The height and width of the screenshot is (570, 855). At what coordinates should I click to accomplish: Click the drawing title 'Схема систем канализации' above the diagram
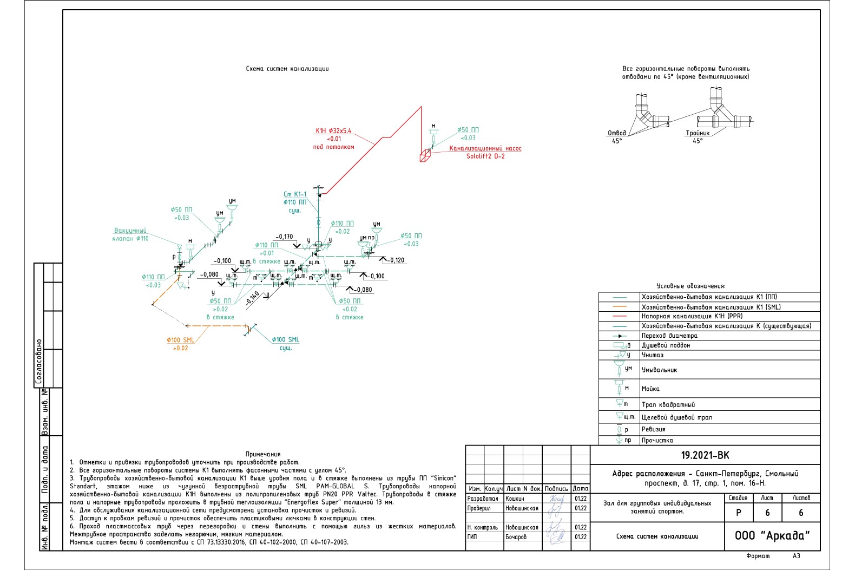(x=287, y=69)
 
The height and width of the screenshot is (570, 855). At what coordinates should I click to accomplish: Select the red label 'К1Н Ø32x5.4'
(x=333, y=130)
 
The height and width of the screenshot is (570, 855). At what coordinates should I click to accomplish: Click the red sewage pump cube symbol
(x=425, y=156)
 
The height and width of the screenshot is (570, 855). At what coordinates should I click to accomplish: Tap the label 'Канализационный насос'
(x=485, y=148)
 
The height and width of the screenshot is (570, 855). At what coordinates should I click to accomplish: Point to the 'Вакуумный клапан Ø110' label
(x=130, y=234)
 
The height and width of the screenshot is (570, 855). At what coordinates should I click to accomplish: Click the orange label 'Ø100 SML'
(x=180, y=340)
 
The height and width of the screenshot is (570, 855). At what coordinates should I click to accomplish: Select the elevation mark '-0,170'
(x=284, y=237)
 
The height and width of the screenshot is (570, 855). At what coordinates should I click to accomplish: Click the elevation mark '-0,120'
(x=396, y=260)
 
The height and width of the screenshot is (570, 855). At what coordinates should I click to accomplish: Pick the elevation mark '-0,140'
(x=252, y=298)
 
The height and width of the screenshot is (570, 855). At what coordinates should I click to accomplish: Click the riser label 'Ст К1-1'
(x=295, y=194)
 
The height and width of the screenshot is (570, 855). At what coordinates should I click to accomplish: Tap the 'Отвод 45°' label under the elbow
(x=617, y=136)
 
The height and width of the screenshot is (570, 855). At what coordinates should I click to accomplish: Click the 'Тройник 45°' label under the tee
(x=698, y=136)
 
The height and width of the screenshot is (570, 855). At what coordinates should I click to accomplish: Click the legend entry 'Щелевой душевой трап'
(x=676, y=417)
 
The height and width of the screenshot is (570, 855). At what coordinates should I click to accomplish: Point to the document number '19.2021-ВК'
(x=705, y=455)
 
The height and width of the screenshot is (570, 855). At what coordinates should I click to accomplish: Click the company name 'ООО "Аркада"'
(x=772, y=535)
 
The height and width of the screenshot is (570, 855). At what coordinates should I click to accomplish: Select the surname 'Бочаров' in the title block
(x=516, y=537)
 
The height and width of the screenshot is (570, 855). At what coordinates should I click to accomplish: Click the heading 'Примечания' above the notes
(x=263, y=454)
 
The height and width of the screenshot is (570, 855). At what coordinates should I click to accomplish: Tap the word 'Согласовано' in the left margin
(x=38, y=362)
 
